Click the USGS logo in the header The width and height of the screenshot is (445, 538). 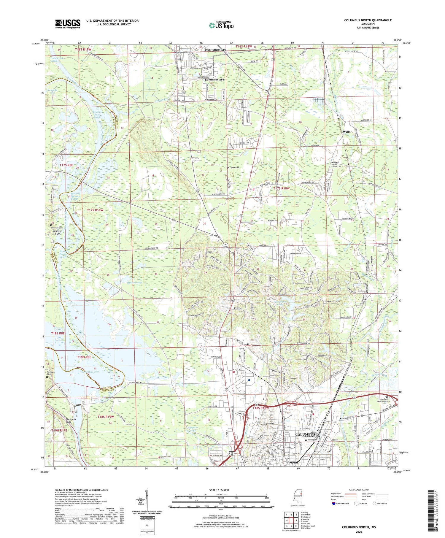(x=68, y=24)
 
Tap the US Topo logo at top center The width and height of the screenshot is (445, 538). (x=221, y=26)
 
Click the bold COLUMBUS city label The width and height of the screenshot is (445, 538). (x=305, y=434)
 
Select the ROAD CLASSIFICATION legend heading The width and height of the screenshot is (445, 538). (x=359, y=490)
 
